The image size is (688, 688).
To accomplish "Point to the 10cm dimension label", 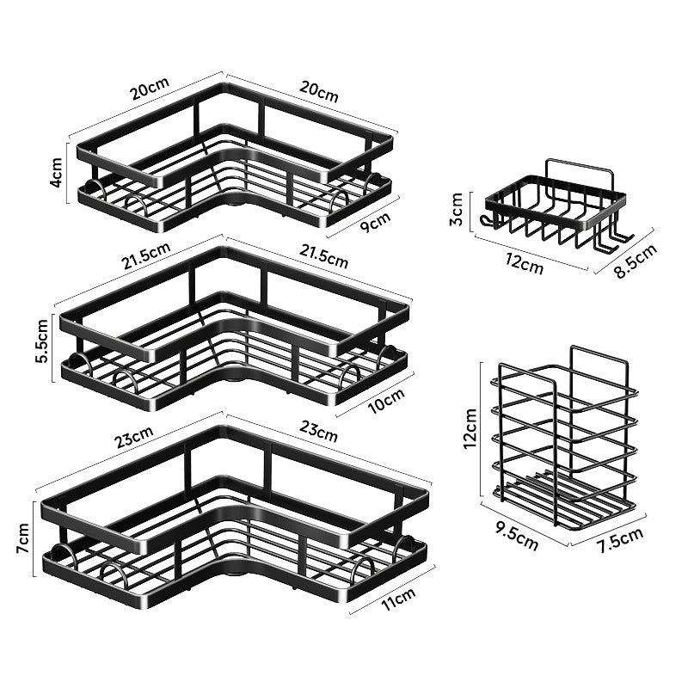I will click(x=383, y=399).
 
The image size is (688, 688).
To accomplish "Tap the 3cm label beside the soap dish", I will click(x=458, y=209).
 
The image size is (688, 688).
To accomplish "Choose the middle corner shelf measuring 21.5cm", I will click(x=232, y=327).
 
